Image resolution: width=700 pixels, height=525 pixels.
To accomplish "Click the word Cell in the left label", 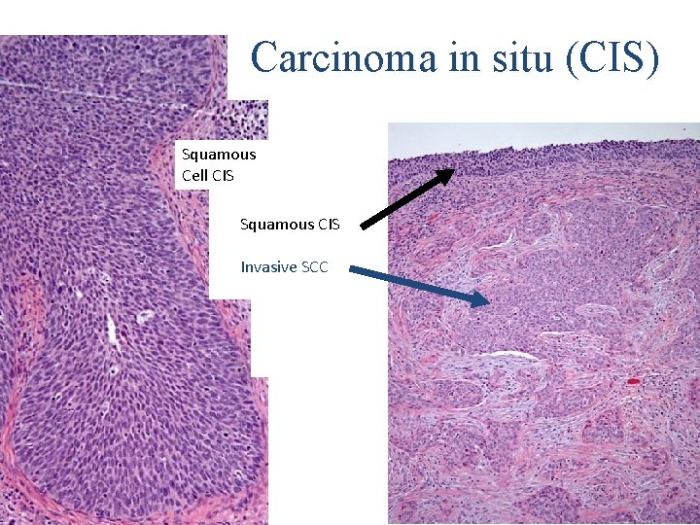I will [193, 176].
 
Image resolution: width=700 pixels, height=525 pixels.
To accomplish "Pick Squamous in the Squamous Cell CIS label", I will [219, 154].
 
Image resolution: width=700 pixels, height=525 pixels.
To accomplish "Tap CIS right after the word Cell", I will [223, 176].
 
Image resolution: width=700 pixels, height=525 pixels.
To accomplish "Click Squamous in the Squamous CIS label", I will [277, 225].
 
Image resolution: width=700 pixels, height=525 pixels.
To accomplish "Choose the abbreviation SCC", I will [315, 266].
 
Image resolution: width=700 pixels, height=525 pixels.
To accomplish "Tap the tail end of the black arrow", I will [365, 227].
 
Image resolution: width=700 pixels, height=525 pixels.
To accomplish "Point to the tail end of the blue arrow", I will [351, 271].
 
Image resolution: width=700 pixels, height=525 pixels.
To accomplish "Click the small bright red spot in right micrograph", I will [634, 381].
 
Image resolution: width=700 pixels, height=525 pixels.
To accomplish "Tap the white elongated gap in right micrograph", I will [514, 357].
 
